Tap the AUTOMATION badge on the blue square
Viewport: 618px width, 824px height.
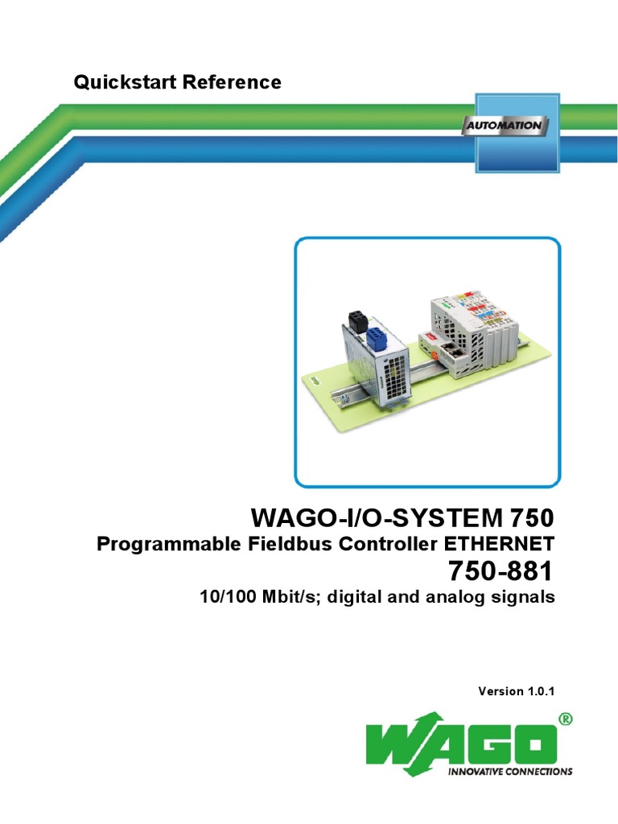point(505,126)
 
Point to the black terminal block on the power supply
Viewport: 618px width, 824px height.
point(355,319)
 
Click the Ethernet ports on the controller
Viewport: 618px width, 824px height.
point(451,351)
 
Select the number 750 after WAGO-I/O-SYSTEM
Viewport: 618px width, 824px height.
point(530,516)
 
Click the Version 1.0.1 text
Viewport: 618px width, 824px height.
point(517,690)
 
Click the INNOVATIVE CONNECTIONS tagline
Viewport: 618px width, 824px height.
point(509,771)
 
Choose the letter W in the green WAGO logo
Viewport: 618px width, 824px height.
point(394,744)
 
